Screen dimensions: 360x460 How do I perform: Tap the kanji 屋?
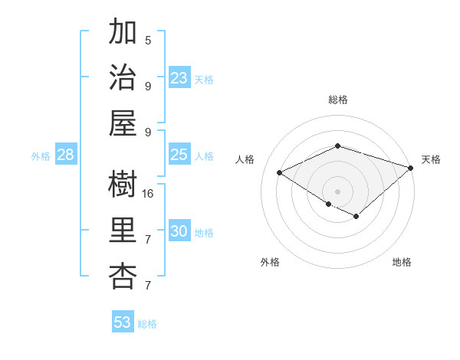pyautogui.click(x=123, y=123)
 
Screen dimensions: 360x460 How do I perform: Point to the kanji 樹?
pyautogui.click(x=123, y=184)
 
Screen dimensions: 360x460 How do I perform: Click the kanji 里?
pyautogui.click(x=123, y=230)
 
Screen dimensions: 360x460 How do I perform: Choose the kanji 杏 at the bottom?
pyautogui.click(x=123, y=276)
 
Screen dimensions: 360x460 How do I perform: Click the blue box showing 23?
pyautogui.click(x=179, y=78)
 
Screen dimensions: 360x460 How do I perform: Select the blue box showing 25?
pyautogui.click(x=179, y=155)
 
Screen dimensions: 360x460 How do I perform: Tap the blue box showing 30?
pyautogui.click(x=179, y=231)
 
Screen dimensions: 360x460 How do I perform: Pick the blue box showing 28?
pyautogui.click(x=65, y=155)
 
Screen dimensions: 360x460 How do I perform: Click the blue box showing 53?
pyautogui.click(x=123, y=322)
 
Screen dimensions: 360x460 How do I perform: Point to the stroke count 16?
pyautogui.click(x=148, y=193)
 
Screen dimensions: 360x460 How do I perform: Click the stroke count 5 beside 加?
pyautogui.click(x=148, y=40)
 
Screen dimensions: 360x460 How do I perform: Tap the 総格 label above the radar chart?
pyautogui.click(x=337, y=100)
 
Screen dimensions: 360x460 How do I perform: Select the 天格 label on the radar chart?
pyautogui.click(x=431, y=159)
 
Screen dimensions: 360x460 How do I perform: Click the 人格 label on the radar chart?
pyautogui.click(x=245, y=159)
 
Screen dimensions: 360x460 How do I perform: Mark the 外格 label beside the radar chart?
pyautogui.click(x=270, y=262)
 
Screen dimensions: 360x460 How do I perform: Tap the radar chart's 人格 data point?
pyautogui.click(x=280, y=172)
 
